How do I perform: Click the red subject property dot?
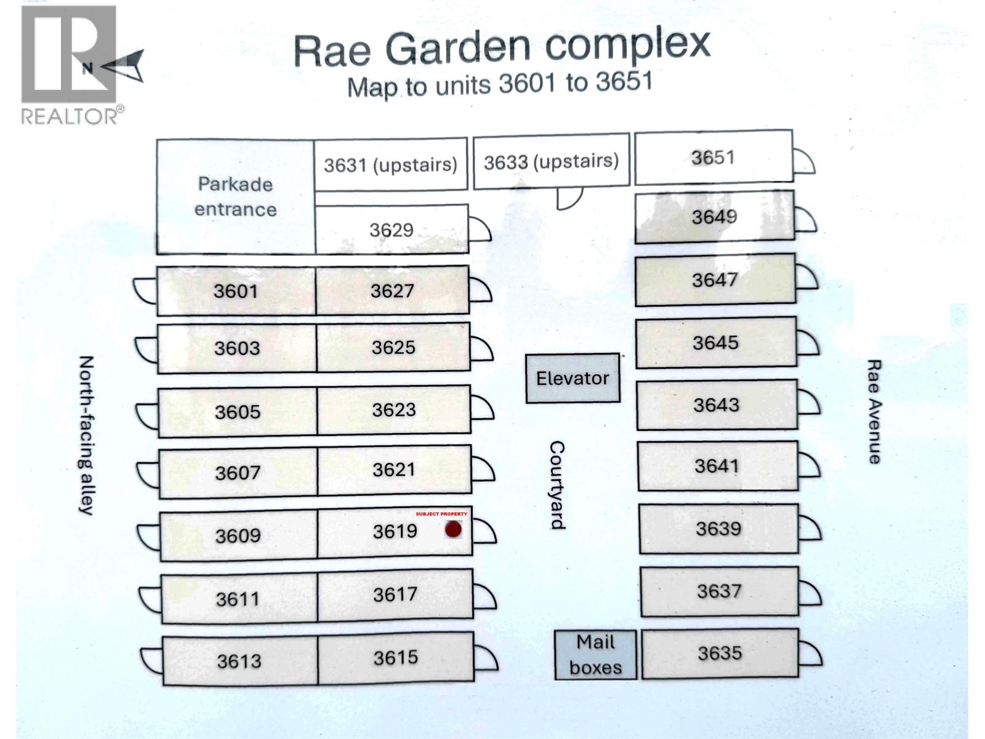coord(452,530)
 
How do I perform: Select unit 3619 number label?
coord(395,531)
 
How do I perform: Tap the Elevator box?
coord(573,378)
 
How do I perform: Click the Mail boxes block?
coord(595,655)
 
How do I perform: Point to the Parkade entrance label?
coord(236,197)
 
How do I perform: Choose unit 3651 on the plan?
coord(714,157)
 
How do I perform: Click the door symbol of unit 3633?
coord(569,199)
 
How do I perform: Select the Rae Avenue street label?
coord(874,412)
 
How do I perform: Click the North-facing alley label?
coord(86,435)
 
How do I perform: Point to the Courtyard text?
coord(557,485)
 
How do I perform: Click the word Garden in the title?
coord(458,49)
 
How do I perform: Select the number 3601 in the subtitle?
coord(527,84)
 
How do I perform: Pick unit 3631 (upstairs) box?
coord(390,164)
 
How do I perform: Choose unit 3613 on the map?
coord(239,661)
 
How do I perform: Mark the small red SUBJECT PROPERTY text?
coord(441,514)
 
